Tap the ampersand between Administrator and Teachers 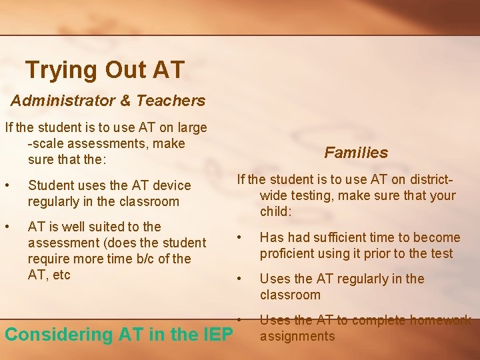pyautogui.click(x=125, y=101)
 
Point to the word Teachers pyautogui.click(x=171, y=101)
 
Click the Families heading pyautogui.click(x=356, y=153)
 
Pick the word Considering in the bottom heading pyautogui.click(x=60, y=335)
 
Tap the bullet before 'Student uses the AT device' pyautogui.click(x=7, y=185)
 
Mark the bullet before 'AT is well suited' pyautogui.click(x=7, y=227)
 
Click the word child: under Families pyautogui.click(x=277, y=212)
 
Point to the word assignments pyautogui.click(x=297, y=336)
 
